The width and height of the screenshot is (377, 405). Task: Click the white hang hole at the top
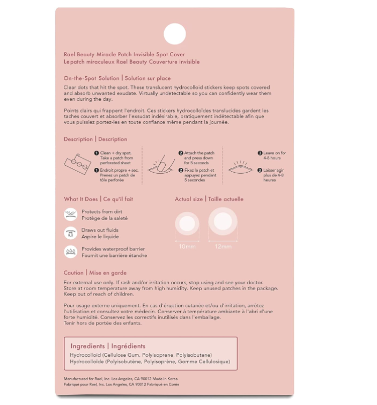[x=174, y=34]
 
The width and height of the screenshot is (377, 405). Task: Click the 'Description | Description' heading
[x=95, y=139]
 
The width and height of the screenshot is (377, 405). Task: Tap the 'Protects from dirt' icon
[x=70, y=215]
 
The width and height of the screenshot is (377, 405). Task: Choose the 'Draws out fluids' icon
[x=70, y=233]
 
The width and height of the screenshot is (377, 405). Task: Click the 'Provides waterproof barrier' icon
[x=70, y=252]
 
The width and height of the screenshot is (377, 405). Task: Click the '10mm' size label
[x=188, y=247]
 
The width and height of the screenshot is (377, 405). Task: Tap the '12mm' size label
[x=223, y=247]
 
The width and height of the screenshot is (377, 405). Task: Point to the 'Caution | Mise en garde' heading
[x=95, y=273]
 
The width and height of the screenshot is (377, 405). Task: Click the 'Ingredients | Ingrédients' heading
[x=108, y=346]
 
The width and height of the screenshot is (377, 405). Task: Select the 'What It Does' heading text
[x=80, y=199]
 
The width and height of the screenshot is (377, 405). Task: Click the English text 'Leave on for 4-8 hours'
[x=275, y=156]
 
